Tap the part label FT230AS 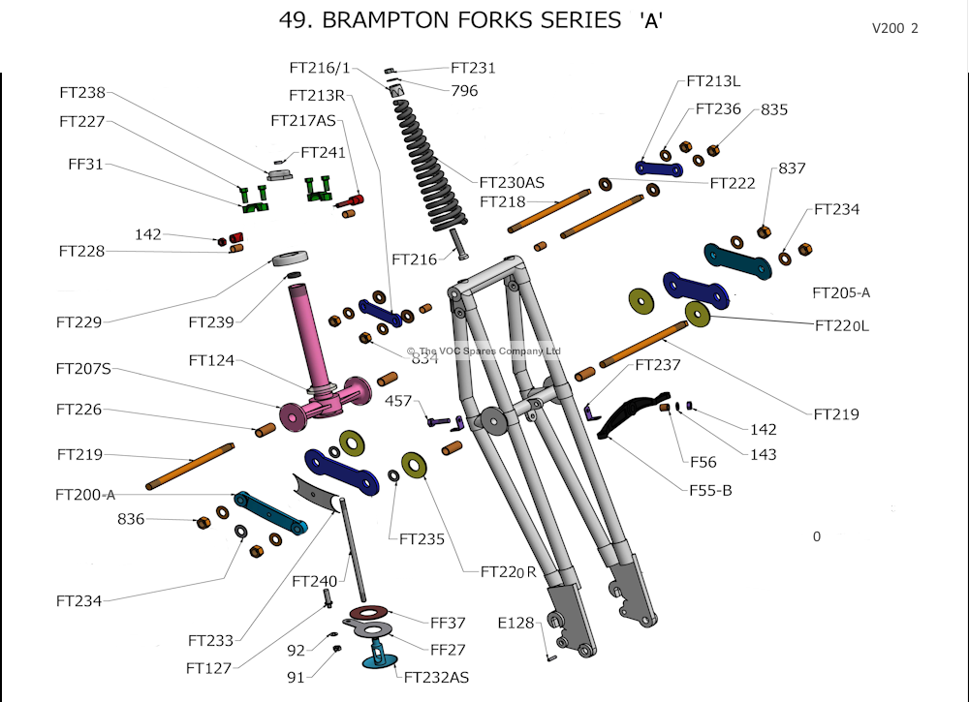click(x=511, y=182)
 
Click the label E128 click(x=516, y=623)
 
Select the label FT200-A click(x=86, y=495)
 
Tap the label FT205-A click(x=841, y=292)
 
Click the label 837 click(x=792, y=168)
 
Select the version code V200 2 click(x=894, y=28)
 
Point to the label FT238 click(x=82, y=93)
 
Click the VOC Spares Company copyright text click(x=484, y=351)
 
